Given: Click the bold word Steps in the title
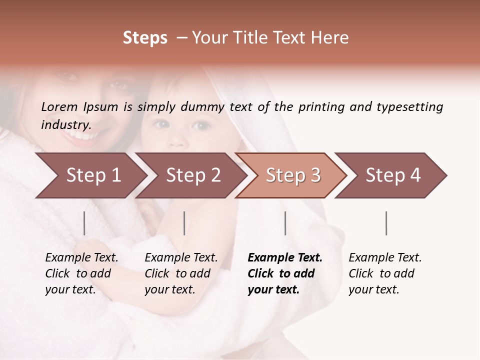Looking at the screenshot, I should point(145,38).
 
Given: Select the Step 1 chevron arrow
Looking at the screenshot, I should point(90,175).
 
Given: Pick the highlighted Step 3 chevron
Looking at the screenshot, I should point(291,175).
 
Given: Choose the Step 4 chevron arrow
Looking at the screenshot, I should point(391,175).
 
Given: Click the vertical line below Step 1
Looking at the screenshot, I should point(84,223).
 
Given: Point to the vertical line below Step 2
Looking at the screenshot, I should point(184,223).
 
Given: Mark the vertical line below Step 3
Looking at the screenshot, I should point(285,223).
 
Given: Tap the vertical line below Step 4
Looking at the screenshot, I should point(386,223).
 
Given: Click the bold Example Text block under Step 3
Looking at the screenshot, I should point(284,273).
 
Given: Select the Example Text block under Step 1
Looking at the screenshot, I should point(81,273).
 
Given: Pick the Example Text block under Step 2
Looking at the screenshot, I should point(181,273).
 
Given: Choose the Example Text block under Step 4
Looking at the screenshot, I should point(385,273).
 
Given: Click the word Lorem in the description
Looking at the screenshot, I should point(59,106).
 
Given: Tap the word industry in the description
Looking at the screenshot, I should point(66,124).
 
